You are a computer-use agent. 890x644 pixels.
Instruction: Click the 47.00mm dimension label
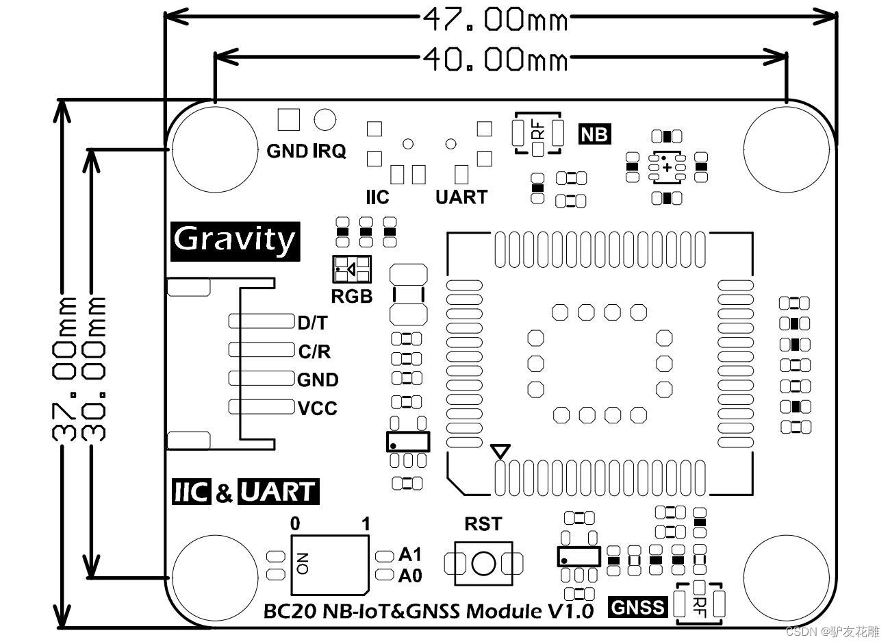[x=495, y=20]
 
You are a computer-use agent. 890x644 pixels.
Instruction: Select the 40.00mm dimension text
[x=495, y=60]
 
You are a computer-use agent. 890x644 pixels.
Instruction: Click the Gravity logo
[x=235, y=240]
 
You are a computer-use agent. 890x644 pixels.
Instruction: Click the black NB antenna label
[x=594, y=134]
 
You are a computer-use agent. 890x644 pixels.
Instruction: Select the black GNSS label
[x=637, y=607]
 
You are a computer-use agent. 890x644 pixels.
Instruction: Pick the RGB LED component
[x=351, y=269]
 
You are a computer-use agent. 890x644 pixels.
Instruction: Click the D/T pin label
[x=313, y=323]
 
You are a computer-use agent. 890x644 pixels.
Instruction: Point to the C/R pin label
[x=314, y=351]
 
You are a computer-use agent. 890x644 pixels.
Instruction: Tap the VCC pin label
[x=318, y=408]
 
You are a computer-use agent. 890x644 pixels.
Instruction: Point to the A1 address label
[x=410, y=554]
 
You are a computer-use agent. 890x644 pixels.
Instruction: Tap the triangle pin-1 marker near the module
[x=501, y=451]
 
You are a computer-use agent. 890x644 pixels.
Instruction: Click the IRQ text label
[x=329, y=151]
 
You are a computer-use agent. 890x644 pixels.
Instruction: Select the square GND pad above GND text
[x=289, y=120]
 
